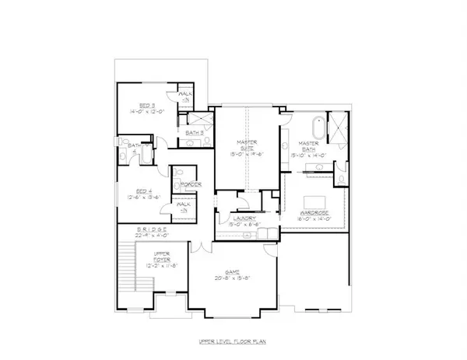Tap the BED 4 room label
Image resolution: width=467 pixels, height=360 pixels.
(x=143, y=190)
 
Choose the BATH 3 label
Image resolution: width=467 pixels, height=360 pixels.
(x=195, y=132)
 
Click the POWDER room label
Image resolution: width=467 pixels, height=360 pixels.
(x=192, y=184)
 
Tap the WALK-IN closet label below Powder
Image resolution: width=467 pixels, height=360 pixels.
(x=185, y=208)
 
